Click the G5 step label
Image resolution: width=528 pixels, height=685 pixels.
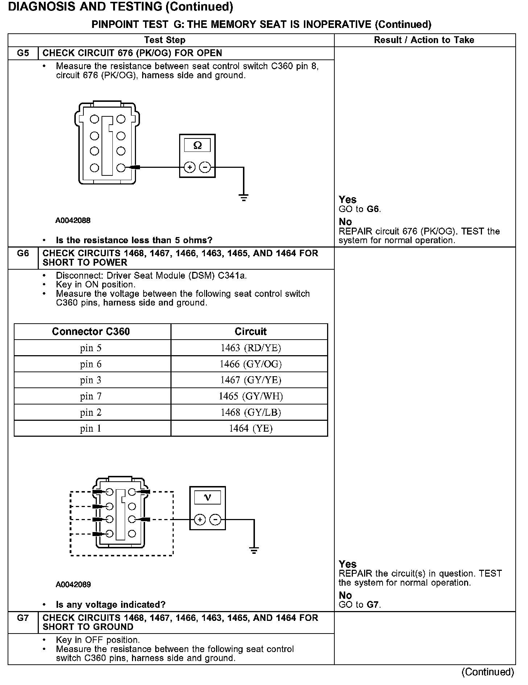pos(23,53)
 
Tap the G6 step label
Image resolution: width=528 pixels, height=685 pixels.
pos(23,253)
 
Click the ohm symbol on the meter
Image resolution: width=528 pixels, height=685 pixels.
pos(197,146)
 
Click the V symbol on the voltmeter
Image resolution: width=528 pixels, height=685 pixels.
pos(207,498)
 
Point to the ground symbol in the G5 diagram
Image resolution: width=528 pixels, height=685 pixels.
pos(243,198)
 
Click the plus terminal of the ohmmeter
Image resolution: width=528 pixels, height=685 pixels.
pos(190,167)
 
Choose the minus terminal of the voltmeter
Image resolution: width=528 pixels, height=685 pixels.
pos(215,520)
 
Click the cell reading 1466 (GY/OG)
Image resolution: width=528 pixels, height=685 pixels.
pos(250,364)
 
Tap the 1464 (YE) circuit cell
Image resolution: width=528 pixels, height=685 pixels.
pos(250,428)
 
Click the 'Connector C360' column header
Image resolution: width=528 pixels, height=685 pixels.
pos(91,332)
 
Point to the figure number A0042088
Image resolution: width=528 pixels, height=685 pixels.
pos(73,220)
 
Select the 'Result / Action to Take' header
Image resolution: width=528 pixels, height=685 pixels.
pos(424,40)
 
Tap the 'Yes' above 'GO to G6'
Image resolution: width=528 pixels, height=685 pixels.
pos(347,199)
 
